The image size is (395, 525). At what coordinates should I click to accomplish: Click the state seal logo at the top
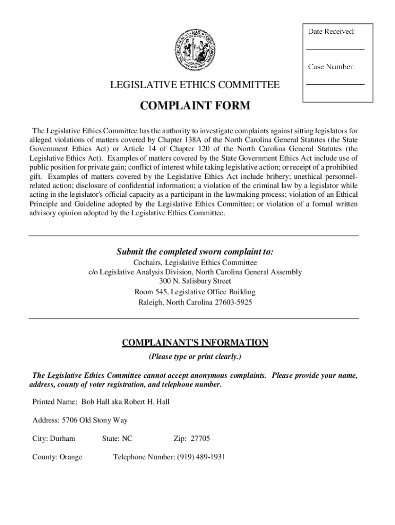click(x=194, y=51)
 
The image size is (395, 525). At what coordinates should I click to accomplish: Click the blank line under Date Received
click(x=335, y=49)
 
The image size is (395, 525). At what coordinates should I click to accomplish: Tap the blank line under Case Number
click(x=335, y=84)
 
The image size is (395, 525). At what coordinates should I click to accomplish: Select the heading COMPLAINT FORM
click(x=195, y=106)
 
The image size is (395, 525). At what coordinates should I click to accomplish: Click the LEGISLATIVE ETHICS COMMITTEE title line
click(x=195, y=85)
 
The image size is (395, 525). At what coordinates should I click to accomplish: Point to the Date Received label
click(x=331, y=32)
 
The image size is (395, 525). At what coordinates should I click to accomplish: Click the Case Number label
click(x=331, y=67)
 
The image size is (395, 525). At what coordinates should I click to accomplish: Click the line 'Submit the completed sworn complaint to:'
click(x=195, y=252)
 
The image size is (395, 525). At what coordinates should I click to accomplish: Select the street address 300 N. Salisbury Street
click(x=195, y=281)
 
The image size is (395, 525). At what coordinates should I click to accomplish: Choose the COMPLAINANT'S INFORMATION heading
click(x=195, y=342)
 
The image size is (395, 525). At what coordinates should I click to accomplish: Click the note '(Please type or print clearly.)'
click(x=195, y=356)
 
